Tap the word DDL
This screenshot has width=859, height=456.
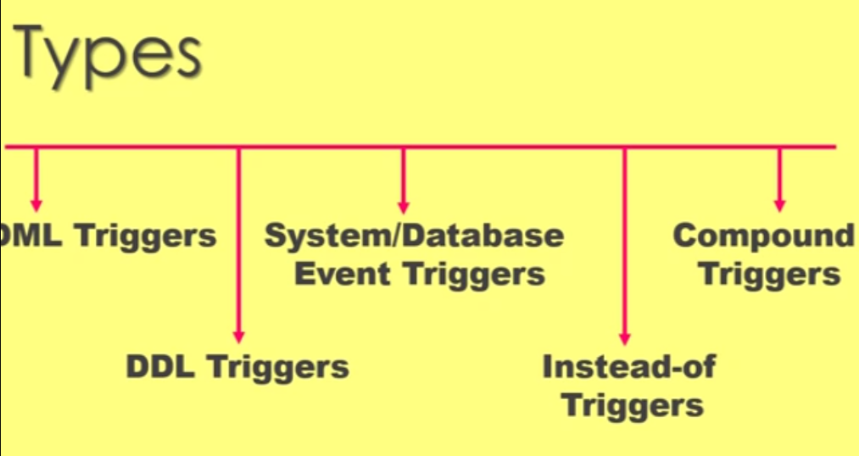(x=163, y=366)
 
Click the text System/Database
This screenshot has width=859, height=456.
(x=414, y=235)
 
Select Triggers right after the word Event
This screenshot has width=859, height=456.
(x=473, y=274)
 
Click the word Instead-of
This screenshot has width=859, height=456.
(x=628, y=366)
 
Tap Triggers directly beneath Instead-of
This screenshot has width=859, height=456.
(x=633, y=405)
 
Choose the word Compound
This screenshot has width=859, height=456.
(x=764, y=235)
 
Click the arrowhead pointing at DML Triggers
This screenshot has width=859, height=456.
(x=36, y=204)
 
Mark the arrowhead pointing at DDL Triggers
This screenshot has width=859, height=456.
(x=239, y=336)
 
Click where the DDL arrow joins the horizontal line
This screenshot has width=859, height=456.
(x=239, y=147)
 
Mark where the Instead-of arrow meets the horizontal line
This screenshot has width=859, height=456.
(x=625, y=147)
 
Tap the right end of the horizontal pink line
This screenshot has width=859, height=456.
(x=834, y=147)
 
